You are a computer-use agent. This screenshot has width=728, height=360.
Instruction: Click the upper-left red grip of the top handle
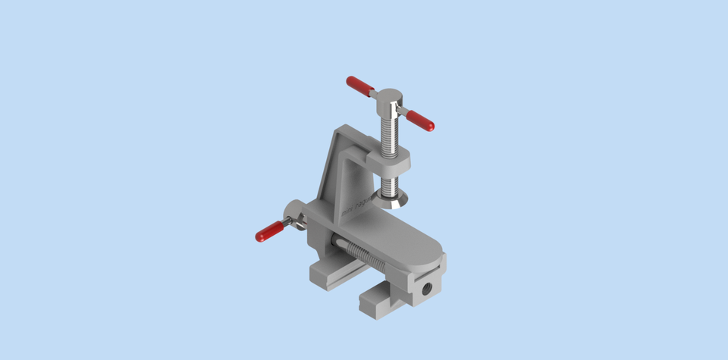[359, 86]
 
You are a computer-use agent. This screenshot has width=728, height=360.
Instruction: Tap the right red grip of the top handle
[419, 120]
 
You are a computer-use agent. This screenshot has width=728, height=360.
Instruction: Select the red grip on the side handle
[269, 231]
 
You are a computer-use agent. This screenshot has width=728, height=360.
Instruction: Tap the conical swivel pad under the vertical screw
[393, 199]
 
